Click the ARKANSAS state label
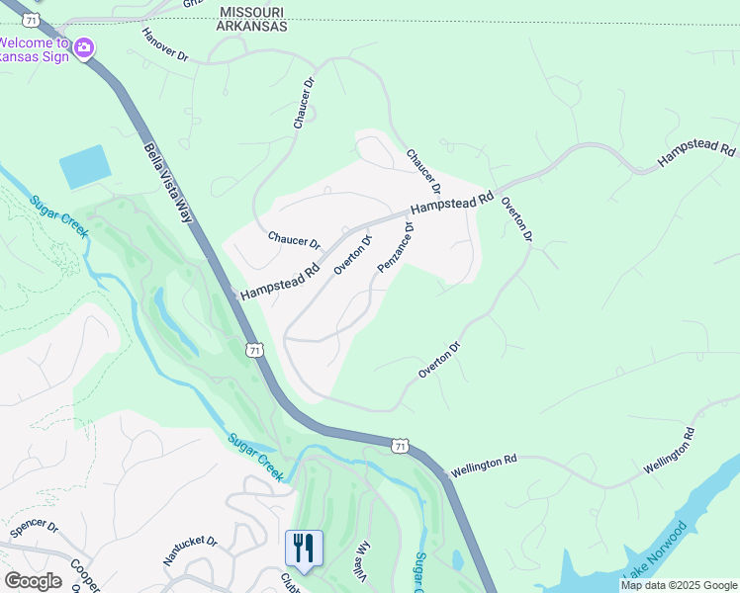[x=251, y=27]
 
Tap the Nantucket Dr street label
[x=190, y=551]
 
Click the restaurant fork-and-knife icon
[x=304, y=548]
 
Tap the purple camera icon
[x=84, y=46]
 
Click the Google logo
[x=33, y=581]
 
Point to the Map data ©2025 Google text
[x=679, y=585]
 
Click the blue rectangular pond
[x=85, y=166]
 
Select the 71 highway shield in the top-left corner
[x=33, y=20]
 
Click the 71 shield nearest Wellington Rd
[x=400, y=446]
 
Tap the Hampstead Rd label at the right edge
[x=698, y=152]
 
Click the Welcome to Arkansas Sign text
[x=35, y=48]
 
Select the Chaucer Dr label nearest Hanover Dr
[x=303, y=104]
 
